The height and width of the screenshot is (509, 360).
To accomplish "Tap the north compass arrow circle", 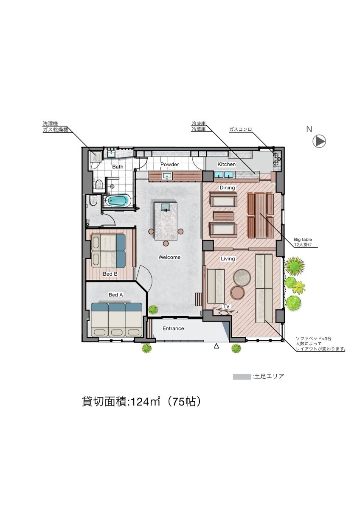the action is pyautogui.click(x=319, y=141).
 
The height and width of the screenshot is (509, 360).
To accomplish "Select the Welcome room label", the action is pyautogui.click(x=169, y=257).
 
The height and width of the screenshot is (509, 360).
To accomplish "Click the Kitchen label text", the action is pyautogui.click(x=227, y=164).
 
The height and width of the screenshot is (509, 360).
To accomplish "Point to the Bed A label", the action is pyautogui.click(x=115, y=295).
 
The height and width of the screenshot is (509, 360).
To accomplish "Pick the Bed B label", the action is pyautogui.click(x=110, y=274).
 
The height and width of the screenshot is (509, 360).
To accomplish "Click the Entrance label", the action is pyautogui.click(x=173, y=328).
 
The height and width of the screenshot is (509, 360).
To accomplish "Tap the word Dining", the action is pyautogui.click(x=227, y=187).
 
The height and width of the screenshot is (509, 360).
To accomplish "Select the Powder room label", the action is pyautogui.click(x=169, y=164).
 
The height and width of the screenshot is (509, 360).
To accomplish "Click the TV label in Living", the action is pyautogui.click(x=226, y=307).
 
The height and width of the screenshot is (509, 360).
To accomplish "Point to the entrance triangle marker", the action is pyautogui.click(x=217, y=346).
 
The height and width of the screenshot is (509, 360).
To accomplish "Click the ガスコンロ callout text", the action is pyautogui.click(x=240, y=129).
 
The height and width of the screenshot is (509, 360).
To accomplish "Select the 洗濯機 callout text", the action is pyautogui.click(x=50, y=124).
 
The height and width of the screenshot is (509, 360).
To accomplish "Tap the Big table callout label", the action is pyautogui.click(x=303, y=240).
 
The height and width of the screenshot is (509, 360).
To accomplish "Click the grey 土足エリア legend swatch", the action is pyautogui.click(x=242, y=377).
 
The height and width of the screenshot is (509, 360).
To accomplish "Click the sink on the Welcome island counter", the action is pyautogui.click(x=166, y=207).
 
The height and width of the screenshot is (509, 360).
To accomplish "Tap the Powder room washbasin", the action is pyautogui.click(x=167, y=176).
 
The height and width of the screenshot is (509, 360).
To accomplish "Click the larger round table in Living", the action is pyautogui.click(x=242, y=277).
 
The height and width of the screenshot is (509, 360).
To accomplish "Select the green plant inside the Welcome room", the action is pyautogui.click(x=153, y=309).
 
